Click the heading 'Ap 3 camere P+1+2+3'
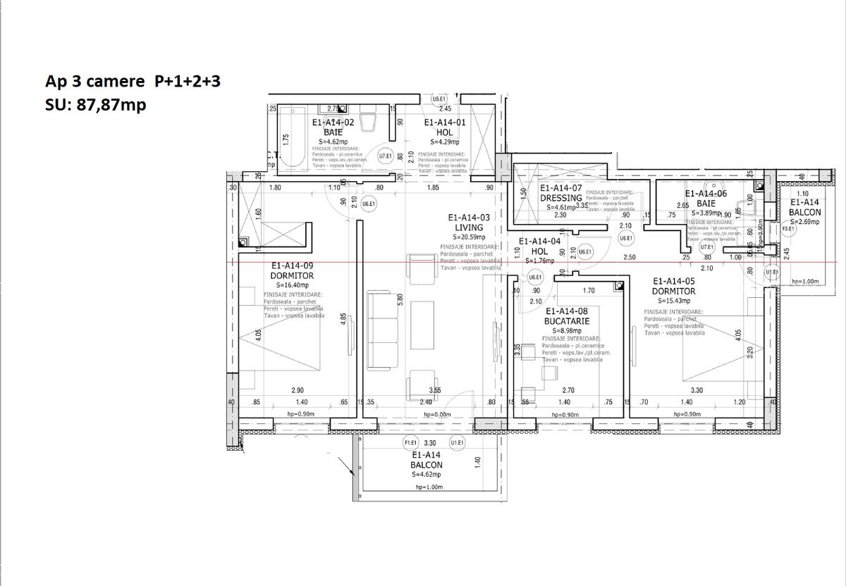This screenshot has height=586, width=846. point(133,82)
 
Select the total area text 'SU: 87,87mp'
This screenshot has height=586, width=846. point(95,105)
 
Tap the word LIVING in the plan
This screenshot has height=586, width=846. point(469,227)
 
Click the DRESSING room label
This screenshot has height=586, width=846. point(561,198)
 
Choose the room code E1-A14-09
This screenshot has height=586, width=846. point(293,266)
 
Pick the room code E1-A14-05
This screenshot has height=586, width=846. point(674,281)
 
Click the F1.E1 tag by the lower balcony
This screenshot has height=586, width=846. point(411,443)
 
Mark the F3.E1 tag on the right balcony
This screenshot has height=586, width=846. point(788,228)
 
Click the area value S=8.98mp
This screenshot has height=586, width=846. point(567,330)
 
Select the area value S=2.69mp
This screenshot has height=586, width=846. point(804,222)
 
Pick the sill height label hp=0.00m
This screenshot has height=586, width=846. point(437,415)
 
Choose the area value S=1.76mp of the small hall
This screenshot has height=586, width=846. point(539,261)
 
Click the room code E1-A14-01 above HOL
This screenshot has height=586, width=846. point(445,122)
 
